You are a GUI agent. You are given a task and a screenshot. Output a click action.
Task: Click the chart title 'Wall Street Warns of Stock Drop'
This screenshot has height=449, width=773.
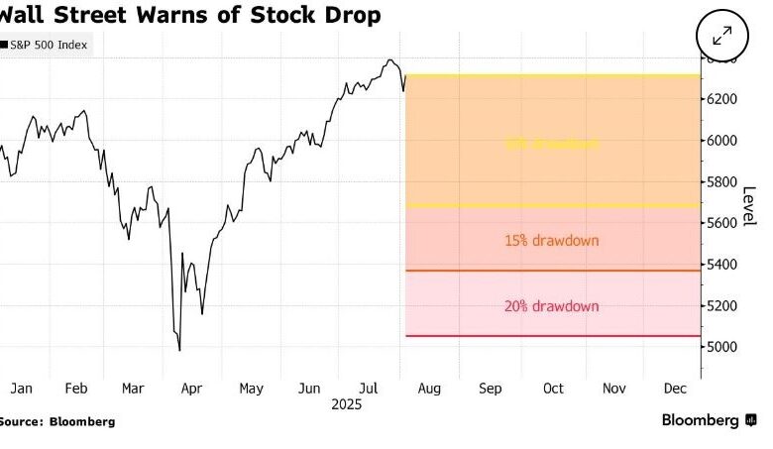coord(188,16)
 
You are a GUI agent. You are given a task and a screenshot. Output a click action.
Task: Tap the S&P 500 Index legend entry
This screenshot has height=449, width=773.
coord(49,46)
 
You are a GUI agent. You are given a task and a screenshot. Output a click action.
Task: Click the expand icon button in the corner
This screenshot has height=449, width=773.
coord(721,35)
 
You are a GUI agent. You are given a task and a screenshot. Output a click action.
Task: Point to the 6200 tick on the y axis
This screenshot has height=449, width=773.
coord(721,99)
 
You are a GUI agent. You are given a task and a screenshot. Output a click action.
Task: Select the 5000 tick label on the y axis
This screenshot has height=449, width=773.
coord(721,347)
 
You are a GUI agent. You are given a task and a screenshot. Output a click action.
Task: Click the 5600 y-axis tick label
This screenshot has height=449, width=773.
coord(721,223)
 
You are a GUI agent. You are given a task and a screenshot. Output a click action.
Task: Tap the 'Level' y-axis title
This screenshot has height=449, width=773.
coord(749,205)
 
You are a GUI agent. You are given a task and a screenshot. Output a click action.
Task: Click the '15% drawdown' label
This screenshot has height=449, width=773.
coord(552,241)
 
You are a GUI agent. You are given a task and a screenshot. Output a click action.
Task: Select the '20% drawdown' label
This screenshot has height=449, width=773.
coord(552,306)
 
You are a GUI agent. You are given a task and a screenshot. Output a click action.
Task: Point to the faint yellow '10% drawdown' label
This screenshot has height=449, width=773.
coord(552,144)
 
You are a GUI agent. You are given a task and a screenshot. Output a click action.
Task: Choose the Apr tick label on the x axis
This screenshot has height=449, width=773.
coord(193,388)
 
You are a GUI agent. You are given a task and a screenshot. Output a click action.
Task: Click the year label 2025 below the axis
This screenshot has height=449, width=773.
coord(345,404)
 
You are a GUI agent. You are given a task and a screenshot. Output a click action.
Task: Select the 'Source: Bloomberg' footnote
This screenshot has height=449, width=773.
coord(57,421)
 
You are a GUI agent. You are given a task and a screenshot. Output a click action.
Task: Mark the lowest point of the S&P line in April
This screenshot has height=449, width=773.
coord(179,350)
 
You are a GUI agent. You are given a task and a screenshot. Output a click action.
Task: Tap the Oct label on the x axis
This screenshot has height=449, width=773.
coord(553,388)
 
